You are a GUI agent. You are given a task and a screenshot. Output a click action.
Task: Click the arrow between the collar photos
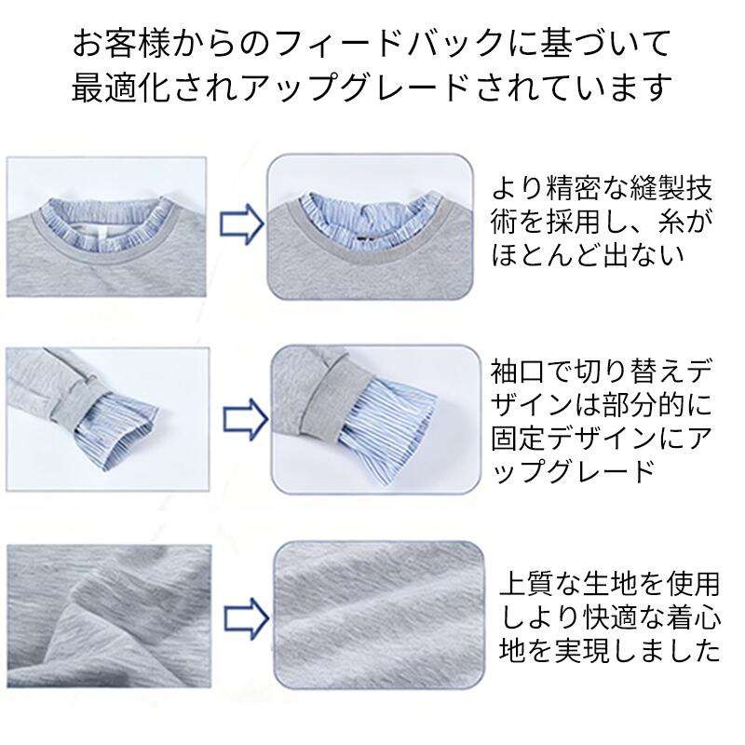click(242, 223)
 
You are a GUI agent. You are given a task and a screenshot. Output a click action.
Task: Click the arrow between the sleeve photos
click(246, 418)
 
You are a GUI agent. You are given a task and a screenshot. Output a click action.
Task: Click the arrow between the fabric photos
click(246, 618)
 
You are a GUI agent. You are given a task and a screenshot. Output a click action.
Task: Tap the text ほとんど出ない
click(589, 254)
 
